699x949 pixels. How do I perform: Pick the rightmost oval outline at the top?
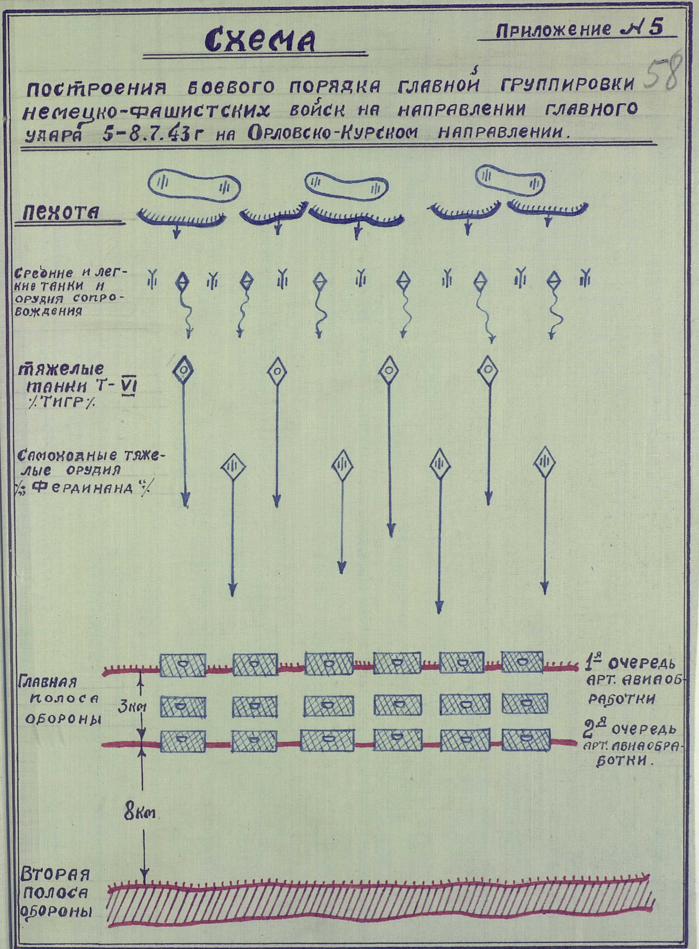pyautogui.click(x=511, y=180)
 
